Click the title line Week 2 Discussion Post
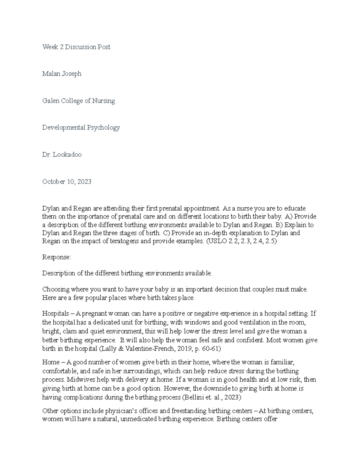tap(76, 47)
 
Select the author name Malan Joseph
tap(62, 74)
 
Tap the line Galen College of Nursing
tap(78, 101)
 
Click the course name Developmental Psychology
tap(81, 128)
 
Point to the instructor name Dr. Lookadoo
tap(62, 155)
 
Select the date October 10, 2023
tap(67, 182)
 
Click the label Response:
tap(57, 257)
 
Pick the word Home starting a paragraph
tap(51, 362)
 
